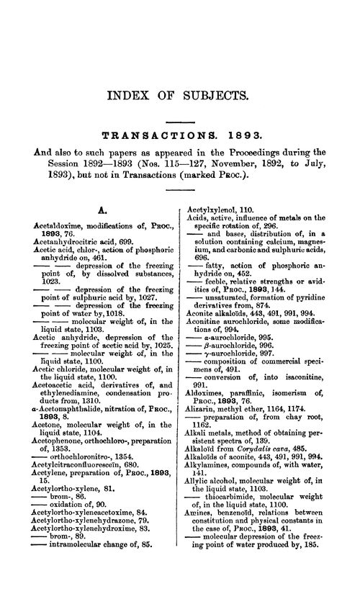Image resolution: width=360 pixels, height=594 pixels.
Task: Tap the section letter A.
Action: [x=102, y=212]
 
